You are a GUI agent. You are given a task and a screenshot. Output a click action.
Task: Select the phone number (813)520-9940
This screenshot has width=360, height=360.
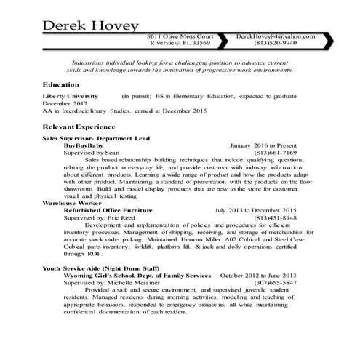pyautogui.click(x=276, y=44)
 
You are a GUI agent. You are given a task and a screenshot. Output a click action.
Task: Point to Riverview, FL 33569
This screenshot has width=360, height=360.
pyautogui.click(x=180, y=44)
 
